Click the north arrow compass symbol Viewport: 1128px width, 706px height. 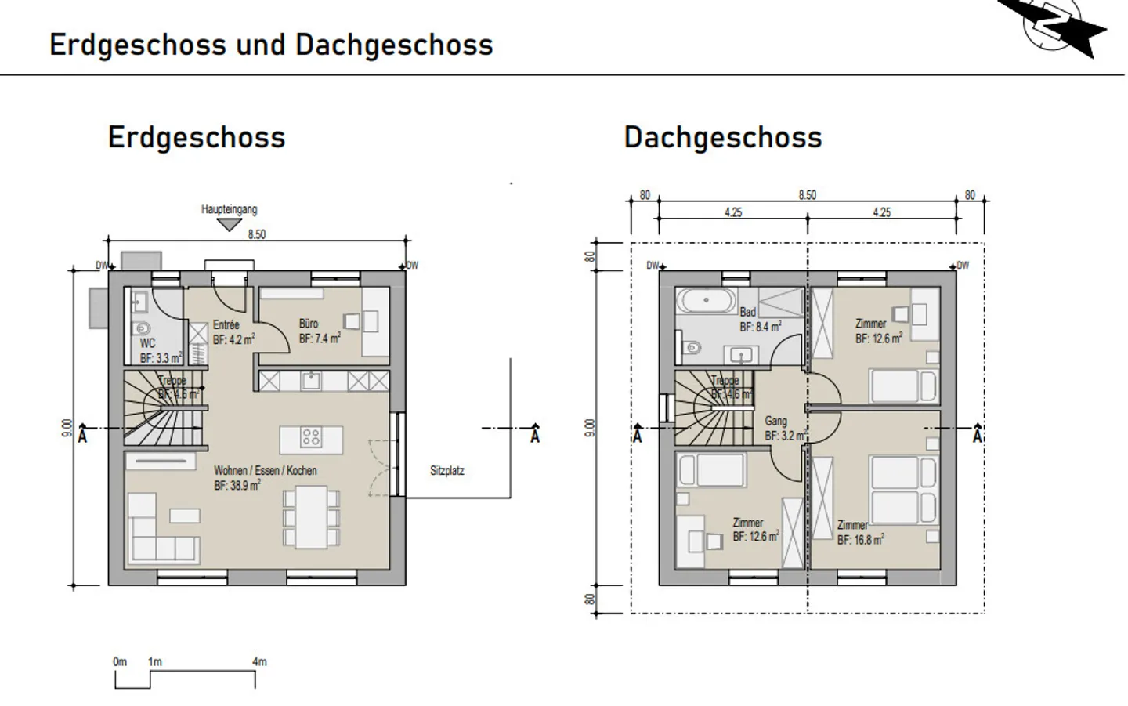tap(1054, 25)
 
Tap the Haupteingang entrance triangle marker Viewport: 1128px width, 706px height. tap(229, 224)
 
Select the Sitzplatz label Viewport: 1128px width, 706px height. tap(446, 471)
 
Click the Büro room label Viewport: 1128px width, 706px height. tap(309, 324)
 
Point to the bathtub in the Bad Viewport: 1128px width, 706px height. tap(707, 300)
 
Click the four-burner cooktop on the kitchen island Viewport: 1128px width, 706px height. tap(311, 437)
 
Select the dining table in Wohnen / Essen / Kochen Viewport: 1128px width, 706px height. tap(311, 517)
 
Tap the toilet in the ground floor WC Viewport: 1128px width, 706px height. tap(142, 328)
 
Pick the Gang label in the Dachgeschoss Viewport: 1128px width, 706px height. tap(775, 421)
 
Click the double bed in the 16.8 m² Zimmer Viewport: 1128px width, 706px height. tap(904, 491)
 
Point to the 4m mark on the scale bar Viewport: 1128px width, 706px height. tap(258, 662)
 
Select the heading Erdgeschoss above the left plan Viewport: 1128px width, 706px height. tap(197, 137)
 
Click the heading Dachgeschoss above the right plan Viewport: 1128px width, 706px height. tap(722, 137)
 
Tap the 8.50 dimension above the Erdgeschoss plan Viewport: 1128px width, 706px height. tap(256, 234)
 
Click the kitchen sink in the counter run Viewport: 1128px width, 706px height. tap(312, 382)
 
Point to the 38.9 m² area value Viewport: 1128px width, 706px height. tap(237, 486)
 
